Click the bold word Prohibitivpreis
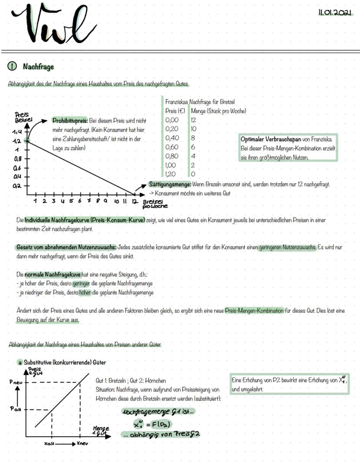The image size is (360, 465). (x=70, y=120)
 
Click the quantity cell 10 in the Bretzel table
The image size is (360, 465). (x=194, y=129)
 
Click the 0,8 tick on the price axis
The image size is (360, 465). (x=18, y=159)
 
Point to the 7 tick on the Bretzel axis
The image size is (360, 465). (x=89, y=201)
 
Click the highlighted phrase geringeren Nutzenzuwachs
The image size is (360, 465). (x=287, y=247)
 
